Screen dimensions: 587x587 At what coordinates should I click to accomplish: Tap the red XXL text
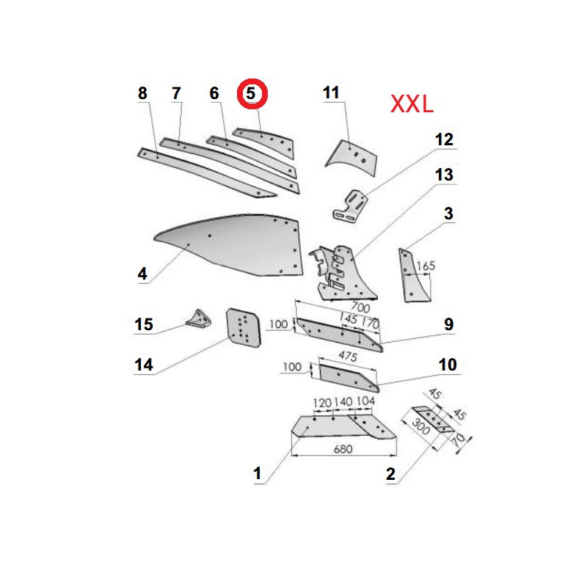click(412, 104)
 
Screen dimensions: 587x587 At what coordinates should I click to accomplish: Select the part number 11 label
click(331, 92)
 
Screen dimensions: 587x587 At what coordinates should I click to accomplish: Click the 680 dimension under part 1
click(343, 449)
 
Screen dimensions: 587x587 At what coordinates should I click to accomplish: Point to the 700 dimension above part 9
click(360, 307)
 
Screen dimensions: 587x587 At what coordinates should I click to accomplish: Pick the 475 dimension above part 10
click(348, 356)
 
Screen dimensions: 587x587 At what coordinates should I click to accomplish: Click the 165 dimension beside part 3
click(426, 266)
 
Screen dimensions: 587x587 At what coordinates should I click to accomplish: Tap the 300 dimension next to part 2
click(420, 426)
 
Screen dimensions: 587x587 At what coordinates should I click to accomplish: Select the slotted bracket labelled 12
click(350, 206)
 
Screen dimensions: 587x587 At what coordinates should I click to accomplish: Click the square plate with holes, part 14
click(244, 328)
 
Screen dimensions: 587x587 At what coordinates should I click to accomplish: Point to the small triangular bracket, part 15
click(199, 318)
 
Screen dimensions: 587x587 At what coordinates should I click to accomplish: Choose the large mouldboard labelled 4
click(228, 245)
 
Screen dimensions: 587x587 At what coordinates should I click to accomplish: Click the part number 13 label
click(444, 175)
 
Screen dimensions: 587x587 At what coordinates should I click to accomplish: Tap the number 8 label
click(142, 93)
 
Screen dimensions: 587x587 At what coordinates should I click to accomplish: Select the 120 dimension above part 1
click(322, 403)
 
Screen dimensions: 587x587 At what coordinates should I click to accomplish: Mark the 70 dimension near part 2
click(459, 439)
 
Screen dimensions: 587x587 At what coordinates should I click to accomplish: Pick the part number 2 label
click(390, 474)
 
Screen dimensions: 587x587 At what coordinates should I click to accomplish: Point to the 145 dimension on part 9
click(348, 318)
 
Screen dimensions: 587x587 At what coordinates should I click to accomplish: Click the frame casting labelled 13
click(343, 272)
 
